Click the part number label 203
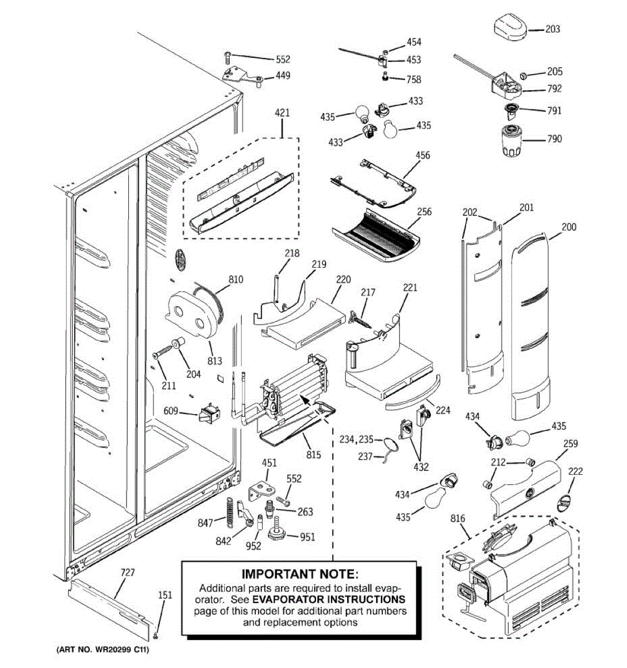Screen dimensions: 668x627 (552, 29)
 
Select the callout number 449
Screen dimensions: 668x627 (283, 75)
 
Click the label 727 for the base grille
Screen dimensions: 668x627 (128, 573)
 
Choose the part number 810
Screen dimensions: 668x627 (236, 279)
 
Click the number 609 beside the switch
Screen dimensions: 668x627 (171, 411)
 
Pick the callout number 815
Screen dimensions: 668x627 (314, 455)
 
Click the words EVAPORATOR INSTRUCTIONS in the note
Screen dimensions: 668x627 (329, 600)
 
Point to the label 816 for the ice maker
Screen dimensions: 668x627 (458, 519)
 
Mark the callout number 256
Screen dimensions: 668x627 (424, 212)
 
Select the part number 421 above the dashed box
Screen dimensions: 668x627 (283, 113)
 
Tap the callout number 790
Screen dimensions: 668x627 (554, 139)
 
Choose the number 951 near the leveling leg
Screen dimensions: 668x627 (308, 537)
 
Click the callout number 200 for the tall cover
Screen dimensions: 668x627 (569, 227)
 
